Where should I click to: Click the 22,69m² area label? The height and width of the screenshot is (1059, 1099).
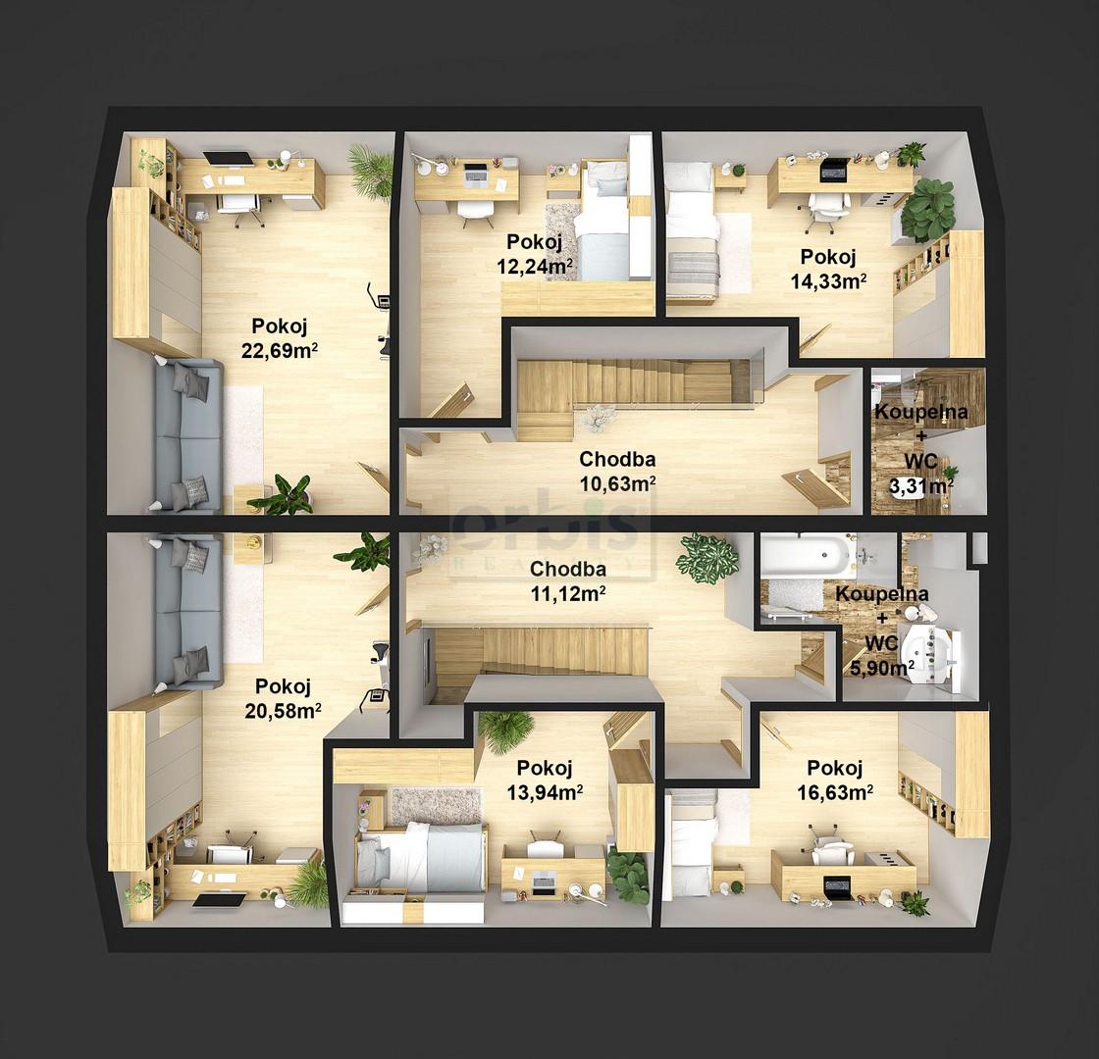pos(280,350)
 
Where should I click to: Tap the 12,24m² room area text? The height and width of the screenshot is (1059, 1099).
pos(535,266)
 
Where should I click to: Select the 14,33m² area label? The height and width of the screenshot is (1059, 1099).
pos(828,280)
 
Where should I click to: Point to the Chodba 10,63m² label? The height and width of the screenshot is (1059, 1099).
pos(617,471)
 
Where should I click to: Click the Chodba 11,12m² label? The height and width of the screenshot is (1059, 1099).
pos(568,580)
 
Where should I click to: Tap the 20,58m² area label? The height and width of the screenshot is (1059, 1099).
pos(284,711)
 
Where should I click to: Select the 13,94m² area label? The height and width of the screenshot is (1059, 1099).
pos(545,792)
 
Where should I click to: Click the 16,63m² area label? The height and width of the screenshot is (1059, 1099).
pos(835,792)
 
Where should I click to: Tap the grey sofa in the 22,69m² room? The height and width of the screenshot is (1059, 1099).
pos(185,435)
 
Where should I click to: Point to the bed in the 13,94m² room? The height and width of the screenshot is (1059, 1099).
pos(421,857)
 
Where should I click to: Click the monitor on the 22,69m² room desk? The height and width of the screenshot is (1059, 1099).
pos(229,158)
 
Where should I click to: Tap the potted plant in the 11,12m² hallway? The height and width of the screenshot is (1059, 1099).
pos(707,557)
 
